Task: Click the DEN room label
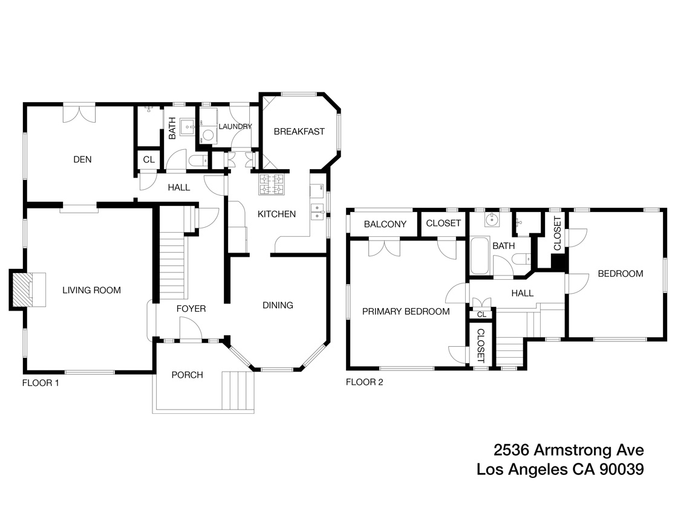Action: [82, 160]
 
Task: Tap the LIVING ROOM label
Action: [92, 290]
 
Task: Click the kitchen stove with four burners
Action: [272, 184]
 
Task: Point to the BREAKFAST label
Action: [299, 132]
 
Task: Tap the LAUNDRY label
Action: [235, 126]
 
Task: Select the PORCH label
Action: [187, 375]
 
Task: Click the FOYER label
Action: [191, 309]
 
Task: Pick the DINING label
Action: [278, 305]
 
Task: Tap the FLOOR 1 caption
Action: [41, 382]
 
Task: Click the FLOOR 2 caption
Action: [364, 382]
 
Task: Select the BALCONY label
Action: [385, 224]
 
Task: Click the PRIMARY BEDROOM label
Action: [406, 312]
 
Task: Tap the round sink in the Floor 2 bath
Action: [493, 219]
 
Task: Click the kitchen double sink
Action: [317, 211]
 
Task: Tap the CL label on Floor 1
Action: [149, 160]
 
